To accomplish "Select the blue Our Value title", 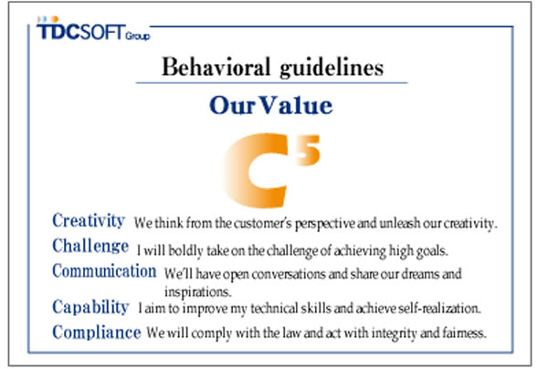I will tap(270, 106).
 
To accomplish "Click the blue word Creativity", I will tap(89, 221).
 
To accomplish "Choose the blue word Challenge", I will tap(90, 247).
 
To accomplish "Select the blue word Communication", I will tap(104, 271).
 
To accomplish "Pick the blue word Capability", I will tap(90, 307).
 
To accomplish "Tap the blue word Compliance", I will tap(96, 332).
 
